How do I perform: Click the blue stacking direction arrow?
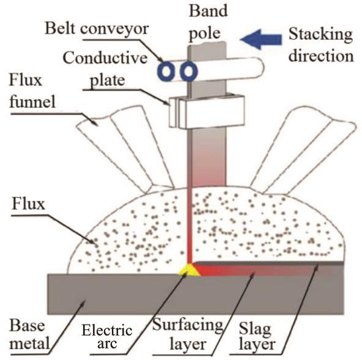[261, 39]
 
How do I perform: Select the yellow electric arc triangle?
[190, 271]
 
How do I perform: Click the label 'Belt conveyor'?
[97, 29]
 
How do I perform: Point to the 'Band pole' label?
[208, 22]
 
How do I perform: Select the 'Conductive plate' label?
[105, 69]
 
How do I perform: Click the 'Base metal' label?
[29, 334]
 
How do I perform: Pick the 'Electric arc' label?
[107, 337]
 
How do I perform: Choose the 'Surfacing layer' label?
[188, 334]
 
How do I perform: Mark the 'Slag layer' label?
[257, 336]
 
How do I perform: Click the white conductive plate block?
[207, 111]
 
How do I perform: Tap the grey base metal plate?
[196, 295]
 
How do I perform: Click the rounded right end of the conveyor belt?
[260, 67]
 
